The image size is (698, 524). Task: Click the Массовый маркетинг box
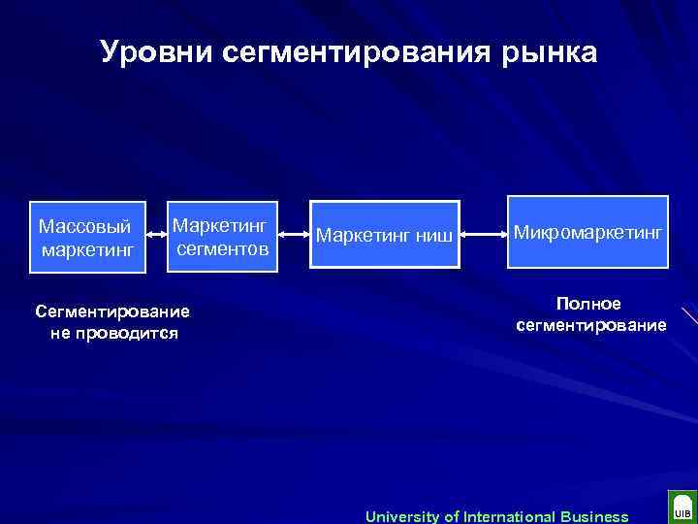pos(87,236)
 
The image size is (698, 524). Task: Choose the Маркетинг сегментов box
pos(222,236)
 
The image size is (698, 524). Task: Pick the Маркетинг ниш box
pos(385,236)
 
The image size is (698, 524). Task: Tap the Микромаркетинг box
pos(587,234)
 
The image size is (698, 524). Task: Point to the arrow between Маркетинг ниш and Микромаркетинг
pos(483,234)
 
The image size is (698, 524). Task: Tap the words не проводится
pos(113,333)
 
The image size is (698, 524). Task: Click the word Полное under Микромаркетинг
pos(590,304)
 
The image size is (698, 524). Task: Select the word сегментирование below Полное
pos(590,325)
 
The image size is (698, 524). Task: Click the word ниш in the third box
pos(433,236)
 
